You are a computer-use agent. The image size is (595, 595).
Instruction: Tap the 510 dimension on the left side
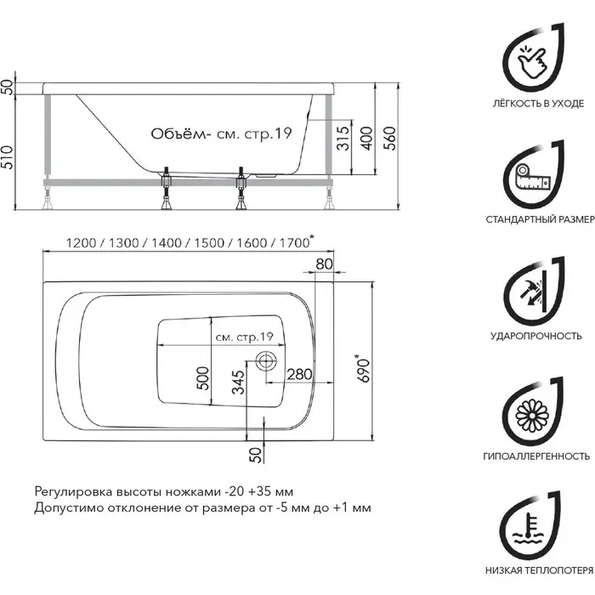click(x=9, y=156)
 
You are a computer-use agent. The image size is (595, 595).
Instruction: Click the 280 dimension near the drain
click(x=298, y=375)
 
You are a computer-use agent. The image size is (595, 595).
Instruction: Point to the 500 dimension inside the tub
click(x=203, y=375)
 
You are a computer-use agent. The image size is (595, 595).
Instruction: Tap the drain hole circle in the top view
click(x=264, y=360)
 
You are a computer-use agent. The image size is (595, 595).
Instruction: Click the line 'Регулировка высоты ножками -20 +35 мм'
click(x=163, y=492)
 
